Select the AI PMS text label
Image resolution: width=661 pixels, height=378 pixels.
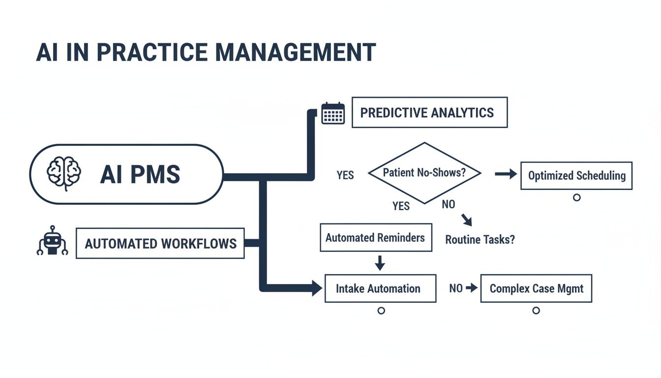click(140, 174)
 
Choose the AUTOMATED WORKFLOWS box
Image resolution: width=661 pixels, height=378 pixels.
click(160, 243)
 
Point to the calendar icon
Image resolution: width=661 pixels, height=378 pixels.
click(333, 113)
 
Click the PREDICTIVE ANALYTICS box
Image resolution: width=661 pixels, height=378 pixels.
click(429, 113)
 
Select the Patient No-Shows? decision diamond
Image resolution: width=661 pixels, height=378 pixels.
click(424, 173)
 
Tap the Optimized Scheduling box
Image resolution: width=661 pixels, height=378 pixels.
click(576, 175)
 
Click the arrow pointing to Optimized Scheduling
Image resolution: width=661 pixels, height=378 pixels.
click(506, 174)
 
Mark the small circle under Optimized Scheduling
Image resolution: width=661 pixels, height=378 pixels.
click(577, 197)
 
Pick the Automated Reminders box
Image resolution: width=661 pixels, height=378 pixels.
click(376, 238)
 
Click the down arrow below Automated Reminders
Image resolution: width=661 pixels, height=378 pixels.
click(379, 263)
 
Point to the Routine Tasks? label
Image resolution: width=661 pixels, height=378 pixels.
click(480, 240)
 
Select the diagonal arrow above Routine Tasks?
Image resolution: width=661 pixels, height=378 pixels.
click(467, 220)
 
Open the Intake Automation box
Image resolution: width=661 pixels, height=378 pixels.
click(380, 288)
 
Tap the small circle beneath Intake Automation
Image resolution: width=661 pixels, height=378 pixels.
click(381, 311)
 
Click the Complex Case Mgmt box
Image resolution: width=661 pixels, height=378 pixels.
click(536, 288)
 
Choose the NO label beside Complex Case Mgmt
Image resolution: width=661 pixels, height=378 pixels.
click(455, 288)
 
